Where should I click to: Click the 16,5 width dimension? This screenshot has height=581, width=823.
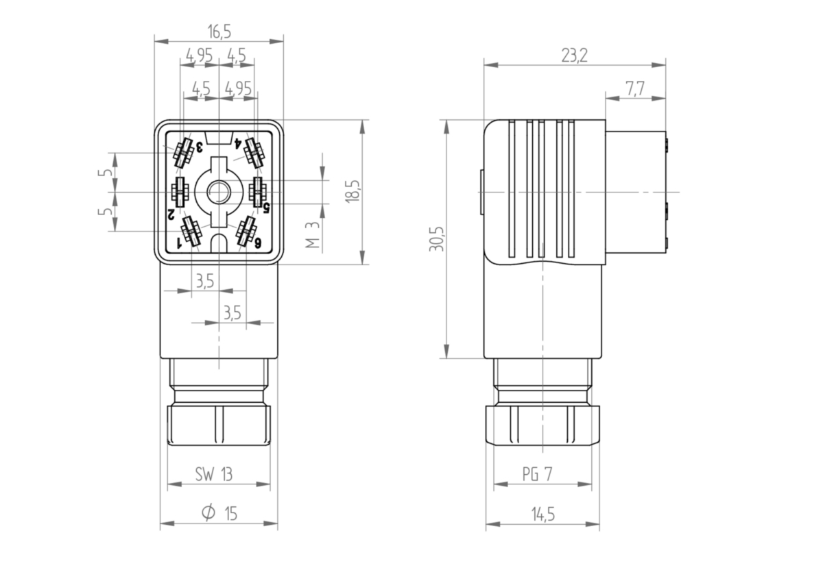pos(219,32)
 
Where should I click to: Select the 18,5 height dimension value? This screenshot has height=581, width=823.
pos(351,192)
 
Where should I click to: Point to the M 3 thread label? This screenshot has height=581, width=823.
pos(312,235)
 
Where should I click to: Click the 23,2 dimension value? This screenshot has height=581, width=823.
pos(574,56)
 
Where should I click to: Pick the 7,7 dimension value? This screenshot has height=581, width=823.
pos(635,89)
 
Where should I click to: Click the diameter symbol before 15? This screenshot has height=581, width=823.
pos(208,513)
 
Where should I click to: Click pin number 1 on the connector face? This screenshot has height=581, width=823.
pos(179,243)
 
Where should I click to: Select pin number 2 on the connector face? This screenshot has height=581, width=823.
pos(170,214)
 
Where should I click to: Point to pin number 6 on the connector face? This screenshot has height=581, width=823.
pos(259,243)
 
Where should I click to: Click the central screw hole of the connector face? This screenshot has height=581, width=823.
pos(219,192)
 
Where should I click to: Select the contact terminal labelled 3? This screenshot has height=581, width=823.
pos(182,153)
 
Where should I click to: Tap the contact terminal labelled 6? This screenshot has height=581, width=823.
pos(246,232)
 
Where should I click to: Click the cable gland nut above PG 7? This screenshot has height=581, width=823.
pos(542,425)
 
